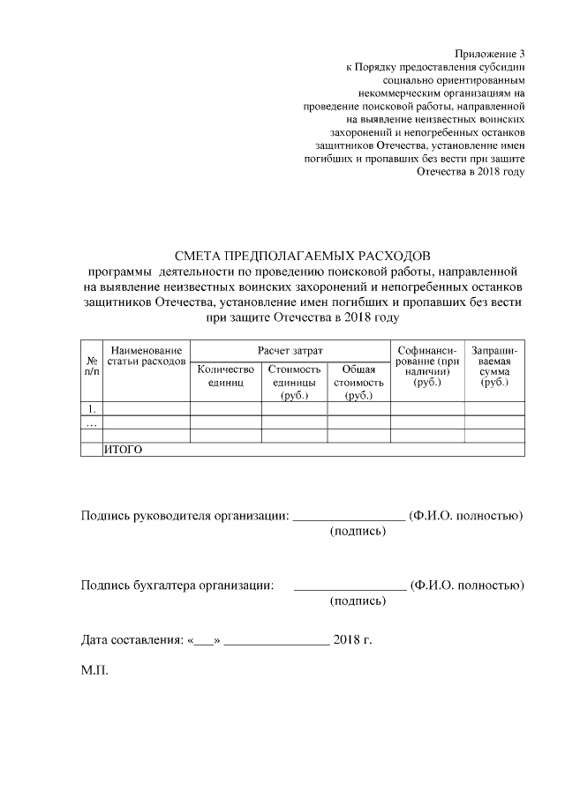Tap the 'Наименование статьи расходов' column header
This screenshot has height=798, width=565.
(x=146, y=356)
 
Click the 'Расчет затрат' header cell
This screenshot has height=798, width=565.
(x=290, y=351)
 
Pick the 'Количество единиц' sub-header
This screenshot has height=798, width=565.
(x=226, y=377)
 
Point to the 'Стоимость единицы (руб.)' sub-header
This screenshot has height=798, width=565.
(x=294, y=383)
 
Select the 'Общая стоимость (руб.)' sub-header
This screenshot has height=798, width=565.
(x=358, y=383)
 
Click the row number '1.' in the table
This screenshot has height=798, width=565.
(x=91, y=409)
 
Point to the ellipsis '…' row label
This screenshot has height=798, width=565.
(x=91, y=422)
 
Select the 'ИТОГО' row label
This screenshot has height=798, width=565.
(x=124, y=450)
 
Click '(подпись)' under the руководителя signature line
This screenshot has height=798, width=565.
(x=358, y=532)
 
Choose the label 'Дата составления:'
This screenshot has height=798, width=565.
(x=131, y=638)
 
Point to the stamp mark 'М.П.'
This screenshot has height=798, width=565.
(x=94, y=672)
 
